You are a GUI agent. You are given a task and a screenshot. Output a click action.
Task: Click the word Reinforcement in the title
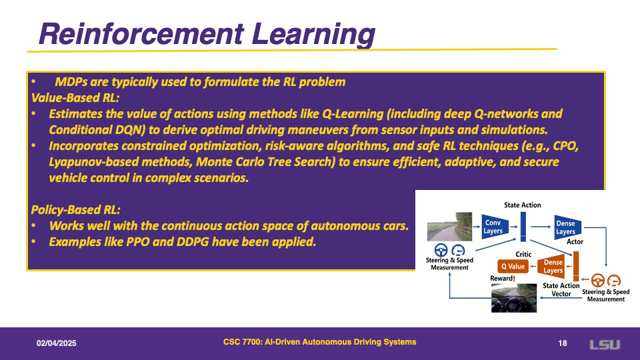point(141,33)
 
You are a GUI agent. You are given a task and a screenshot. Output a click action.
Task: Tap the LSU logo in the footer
point(605,345)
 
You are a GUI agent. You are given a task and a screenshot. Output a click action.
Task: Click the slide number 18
point(563,343)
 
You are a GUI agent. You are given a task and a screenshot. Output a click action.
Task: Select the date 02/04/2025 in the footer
point(56,343)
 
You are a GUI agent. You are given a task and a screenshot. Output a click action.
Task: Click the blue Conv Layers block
point(495,227)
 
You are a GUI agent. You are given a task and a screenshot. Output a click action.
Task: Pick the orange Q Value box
point(513,266)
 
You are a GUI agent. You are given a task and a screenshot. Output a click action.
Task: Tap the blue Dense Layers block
point(567,227)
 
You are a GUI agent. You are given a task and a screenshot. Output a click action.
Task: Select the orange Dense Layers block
point(551,266)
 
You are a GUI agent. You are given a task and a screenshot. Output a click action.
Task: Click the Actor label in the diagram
point(575,241)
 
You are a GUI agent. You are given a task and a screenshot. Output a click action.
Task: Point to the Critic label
point(523,254)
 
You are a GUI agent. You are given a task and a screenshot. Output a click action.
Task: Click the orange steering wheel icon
point(598,281)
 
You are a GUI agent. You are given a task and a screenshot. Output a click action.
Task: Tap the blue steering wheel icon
point(441,250)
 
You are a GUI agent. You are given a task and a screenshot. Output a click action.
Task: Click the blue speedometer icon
point(459,250)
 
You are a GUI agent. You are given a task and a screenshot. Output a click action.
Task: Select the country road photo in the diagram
point(449,227)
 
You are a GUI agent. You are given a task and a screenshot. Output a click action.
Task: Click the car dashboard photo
point(514,298)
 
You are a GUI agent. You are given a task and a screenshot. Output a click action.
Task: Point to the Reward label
point(501,279)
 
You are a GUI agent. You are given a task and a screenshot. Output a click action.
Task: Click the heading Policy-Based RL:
point(75,210)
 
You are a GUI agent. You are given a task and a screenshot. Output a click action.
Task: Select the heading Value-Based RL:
point(75,98)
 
